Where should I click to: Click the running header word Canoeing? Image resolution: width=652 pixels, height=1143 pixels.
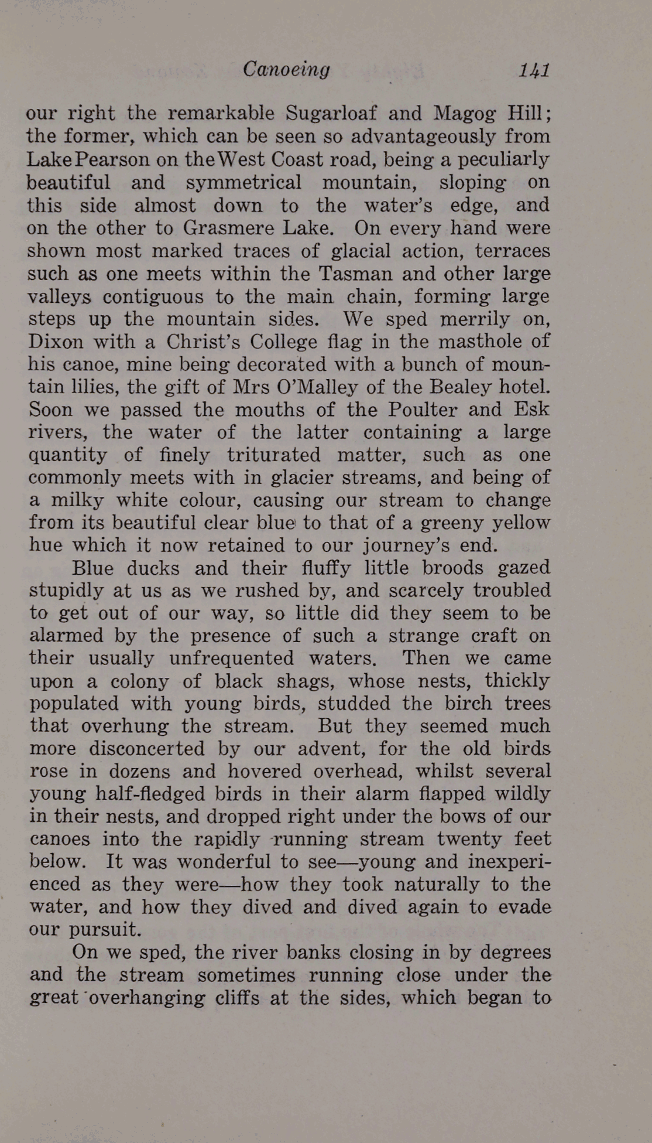286,69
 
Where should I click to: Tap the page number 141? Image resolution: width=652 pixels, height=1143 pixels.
534,70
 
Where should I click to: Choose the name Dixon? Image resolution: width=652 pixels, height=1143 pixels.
56,341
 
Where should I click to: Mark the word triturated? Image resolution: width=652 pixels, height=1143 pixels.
273,455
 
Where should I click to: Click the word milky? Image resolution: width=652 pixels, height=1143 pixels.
77,501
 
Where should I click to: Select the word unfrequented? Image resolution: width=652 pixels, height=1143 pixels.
231,658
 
